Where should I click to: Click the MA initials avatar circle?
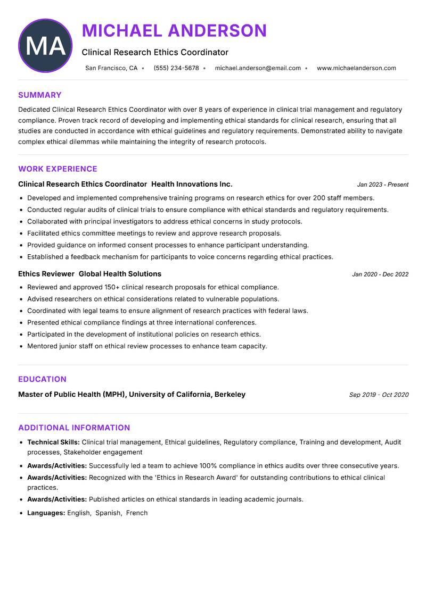(x=45, y=46)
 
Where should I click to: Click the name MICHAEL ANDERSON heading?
(x=174, y=31)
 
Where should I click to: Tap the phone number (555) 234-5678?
(x=176, y=68)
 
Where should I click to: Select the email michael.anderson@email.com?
(x=258, y=68)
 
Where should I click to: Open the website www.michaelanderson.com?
(x=356, y=68)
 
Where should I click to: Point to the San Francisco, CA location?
(x=111, y=68)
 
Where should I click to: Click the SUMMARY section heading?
(x=40, y=95)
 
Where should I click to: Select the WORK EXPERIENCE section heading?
(x=58, y=169)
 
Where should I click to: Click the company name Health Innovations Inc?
(x=192, y=184)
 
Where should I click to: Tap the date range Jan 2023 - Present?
(x=382, y=185)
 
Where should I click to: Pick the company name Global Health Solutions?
(x=120, y=274)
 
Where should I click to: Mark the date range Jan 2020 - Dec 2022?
(x=380, y=274)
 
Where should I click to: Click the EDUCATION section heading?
(x=42, y=379)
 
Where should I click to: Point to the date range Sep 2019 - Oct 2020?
(x=379, y=395)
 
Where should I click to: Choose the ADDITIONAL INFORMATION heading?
(x=74, y=428)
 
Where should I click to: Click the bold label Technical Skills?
(x=53, y=442)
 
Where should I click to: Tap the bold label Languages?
(x=46, y=513)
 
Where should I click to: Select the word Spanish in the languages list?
(x=108, y=513)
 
